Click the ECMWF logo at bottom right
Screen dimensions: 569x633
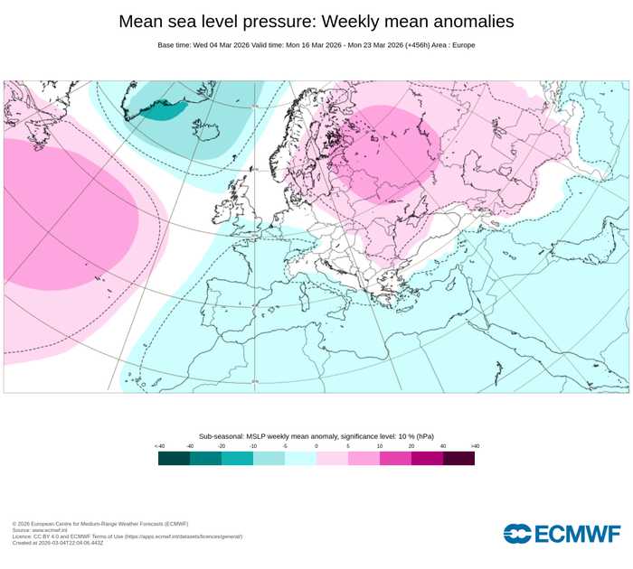pyautogui.click(x=562, y=534)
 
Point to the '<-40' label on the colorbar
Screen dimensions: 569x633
pyautogui.click(x=159, y=446)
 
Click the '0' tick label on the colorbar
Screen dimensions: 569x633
pyautogui.click(x=316, y=446)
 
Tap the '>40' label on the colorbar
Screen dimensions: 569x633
pyautogui.click(x=474, y=446)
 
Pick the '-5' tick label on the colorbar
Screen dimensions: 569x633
pyautogui.click(x=285, y=446)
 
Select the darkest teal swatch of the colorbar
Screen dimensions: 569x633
pyautogui.click(x=174, y=458)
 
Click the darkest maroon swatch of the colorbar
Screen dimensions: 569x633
pyautogui.click(x=458, y=458)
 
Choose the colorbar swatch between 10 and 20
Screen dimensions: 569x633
pyautogui.click(x=395, y=458)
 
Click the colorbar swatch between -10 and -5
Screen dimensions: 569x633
pyautogui.click(x=269, y=458)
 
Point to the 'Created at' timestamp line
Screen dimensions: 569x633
pyautogui.click(x=58, y=543)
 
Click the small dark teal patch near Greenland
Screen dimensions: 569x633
pyautogui.click(x=163, y=110)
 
